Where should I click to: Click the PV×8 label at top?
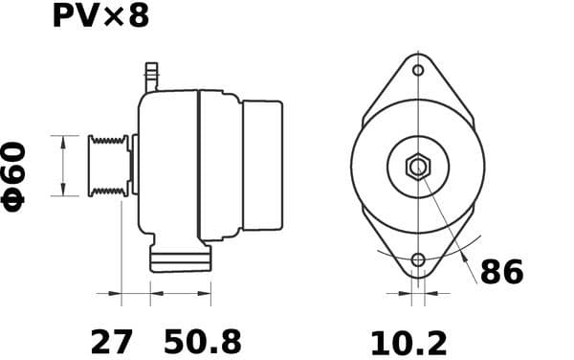coord(99,17)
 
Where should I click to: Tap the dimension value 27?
coord(111,341)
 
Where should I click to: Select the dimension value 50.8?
coord(203,341)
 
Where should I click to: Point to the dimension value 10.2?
coord(408,341)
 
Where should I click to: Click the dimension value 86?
coord(501,273)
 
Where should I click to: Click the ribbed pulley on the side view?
coord(108,167)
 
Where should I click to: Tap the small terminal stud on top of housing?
coord(150,76)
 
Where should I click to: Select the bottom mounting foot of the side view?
coord(179,259)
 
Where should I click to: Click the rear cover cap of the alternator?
coord(262,165)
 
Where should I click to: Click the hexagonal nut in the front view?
coord(417,167)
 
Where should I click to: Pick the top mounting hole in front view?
coord(418,69)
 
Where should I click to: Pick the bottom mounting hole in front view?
coord(418,259)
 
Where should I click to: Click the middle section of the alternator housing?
coord(219,165)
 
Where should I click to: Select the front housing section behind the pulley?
coord(167,165)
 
